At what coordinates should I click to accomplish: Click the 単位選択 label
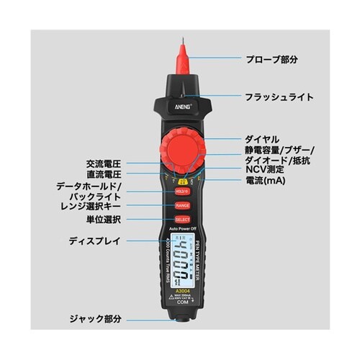tap(104, 218)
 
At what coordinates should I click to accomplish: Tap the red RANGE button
tap(182, 206)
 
